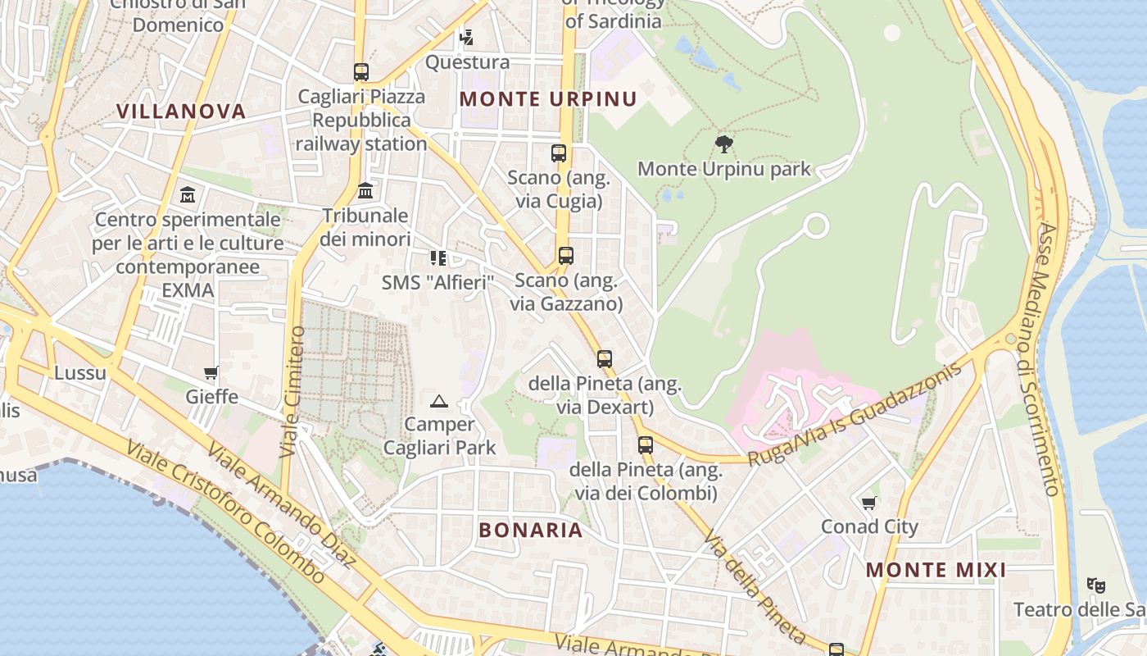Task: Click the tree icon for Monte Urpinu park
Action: click(x=723, y=145)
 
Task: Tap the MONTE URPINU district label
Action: click(x=547, y=99)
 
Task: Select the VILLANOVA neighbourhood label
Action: click(x=180, y=112)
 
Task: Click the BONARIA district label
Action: click(x=531, y=530)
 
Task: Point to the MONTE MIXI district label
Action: click(x=936, y=570)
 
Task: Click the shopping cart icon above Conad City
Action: click(x=868, y=503)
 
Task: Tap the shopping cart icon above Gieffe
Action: click(x=211, y=373)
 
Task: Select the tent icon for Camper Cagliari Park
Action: click(x=439, y=401)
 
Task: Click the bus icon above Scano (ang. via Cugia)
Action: click(x=559, y=153)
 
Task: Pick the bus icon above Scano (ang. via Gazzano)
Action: click(x=565, y=256)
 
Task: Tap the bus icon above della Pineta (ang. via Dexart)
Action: click(x=605, y=359)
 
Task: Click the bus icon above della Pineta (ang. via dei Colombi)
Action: click(x=646, y=445)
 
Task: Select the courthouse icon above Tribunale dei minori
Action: click(x=365, y=191)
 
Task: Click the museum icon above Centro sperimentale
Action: click(x=188, y=195)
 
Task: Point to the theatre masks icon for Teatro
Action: click(x=1095, y=585)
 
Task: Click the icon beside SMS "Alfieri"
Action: click(x=438, y=258)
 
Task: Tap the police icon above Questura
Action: click(x=467, y=37)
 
